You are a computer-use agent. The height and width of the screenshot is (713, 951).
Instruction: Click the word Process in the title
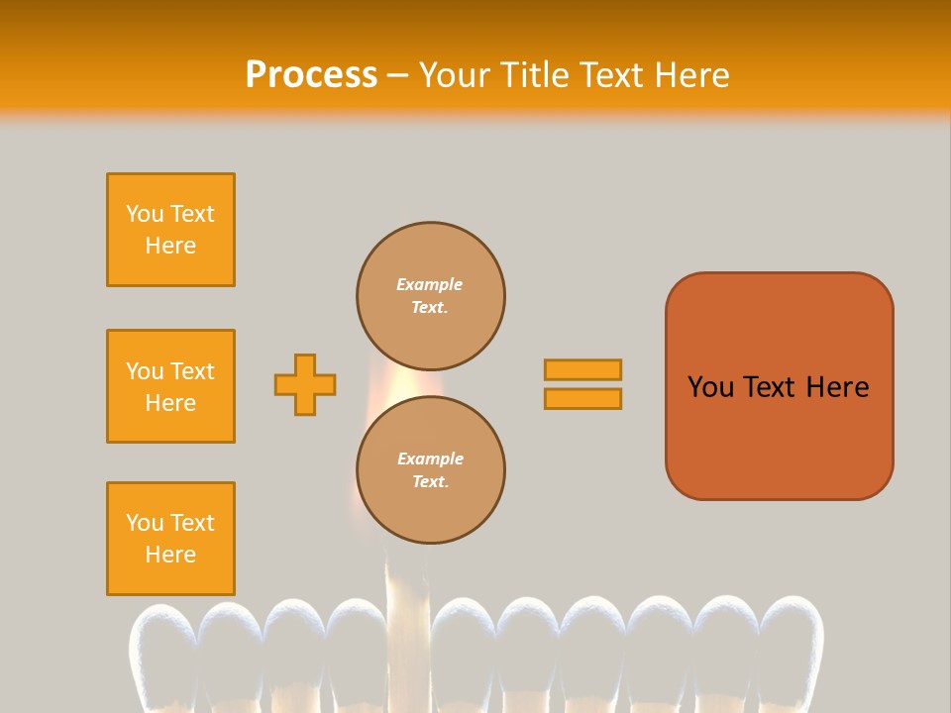point(311,74)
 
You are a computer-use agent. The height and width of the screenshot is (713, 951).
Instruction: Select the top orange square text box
point(170,230)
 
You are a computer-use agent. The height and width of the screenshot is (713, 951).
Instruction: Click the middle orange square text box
point(170,386)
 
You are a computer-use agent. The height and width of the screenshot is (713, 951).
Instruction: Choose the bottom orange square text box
point(170,539)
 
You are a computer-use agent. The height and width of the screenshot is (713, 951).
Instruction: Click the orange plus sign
point(305,384)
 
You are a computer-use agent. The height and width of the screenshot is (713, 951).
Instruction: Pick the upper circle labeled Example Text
point(431,296)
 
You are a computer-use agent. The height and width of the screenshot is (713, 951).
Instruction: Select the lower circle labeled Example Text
point(431,469)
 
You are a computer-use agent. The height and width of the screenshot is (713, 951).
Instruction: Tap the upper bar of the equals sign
point(582,369)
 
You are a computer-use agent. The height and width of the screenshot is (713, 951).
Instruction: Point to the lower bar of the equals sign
point(582,398)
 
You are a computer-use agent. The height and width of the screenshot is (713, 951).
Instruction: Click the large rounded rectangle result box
point(779,386)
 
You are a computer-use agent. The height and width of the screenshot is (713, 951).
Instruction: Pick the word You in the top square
point(144,214)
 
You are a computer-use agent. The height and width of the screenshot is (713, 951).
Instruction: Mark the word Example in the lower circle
point(430,458)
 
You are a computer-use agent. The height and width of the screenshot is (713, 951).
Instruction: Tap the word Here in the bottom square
point(170,555)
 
